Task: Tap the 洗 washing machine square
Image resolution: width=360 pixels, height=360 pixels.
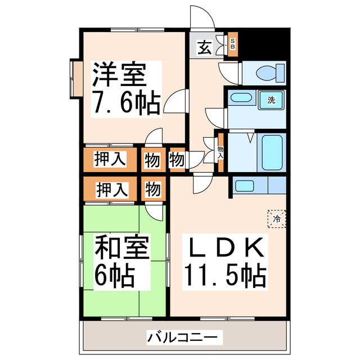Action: [272, 101]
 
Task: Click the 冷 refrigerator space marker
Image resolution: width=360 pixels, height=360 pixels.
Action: [277, 218]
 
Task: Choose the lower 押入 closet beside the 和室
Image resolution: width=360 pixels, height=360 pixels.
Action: [110, 188]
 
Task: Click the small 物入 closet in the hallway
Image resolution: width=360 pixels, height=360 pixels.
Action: [220, 150]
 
